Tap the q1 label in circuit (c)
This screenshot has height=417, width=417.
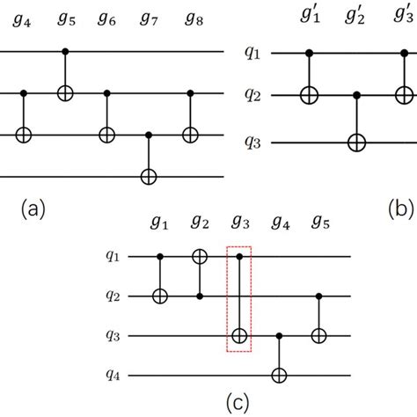(x=113, y=258)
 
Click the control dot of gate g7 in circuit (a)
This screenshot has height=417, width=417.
(x=147, y=135)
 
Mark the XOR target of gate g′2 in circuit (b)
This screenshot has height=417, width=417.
(x=357, y=141)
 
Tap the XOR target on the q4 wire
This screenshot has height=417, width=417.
(x=280, y=374)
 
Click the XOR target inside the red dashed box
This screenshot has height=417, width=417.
(x=239, y=335)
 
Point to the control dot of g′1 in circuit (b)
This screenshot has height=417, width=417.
(x=310, y=53)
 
